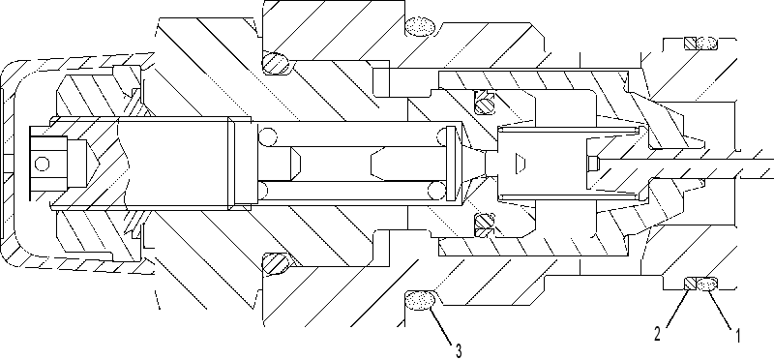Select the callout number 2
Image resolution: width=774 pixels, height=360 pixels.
coord(658,335)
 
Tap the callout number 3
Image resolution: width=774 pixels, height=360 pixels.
coord(459,351)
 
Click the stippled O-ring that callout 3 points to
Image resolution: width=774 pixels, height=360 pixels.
coord(420,300)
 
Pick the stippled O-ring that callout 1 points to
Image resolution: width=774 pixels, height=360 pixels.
coord(707,284)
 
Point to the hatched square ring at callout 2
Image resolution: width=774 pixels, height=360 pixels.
coord(690,284)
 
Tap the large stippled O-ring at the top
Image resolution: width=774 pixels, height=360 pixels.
coord(420,26)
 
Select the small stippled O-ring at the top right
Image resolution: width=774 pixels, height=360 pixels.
coord(707,44)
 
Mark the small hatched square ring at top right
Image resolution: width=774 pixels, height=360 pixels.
coord(690,44)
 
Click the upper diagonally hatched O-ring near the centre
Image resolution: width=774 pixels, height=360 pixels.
coord(276,64)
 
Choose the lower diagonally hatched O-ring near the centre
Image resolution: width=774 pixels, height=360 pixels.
coord(276,263)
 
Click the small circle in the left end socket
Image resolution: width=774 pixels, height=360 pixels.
coord(43,164)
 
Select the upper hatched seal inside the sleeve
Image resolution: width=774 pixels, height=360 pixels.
coord(485,103)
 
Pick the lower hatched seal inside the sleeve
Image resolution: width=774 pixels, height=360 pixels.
coord(485,225)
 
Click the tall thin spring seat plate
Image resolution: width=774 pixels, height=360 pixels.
coord(450,164)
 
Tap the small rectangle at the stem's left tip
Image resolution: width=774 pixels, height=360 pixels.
coord(593,163)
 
